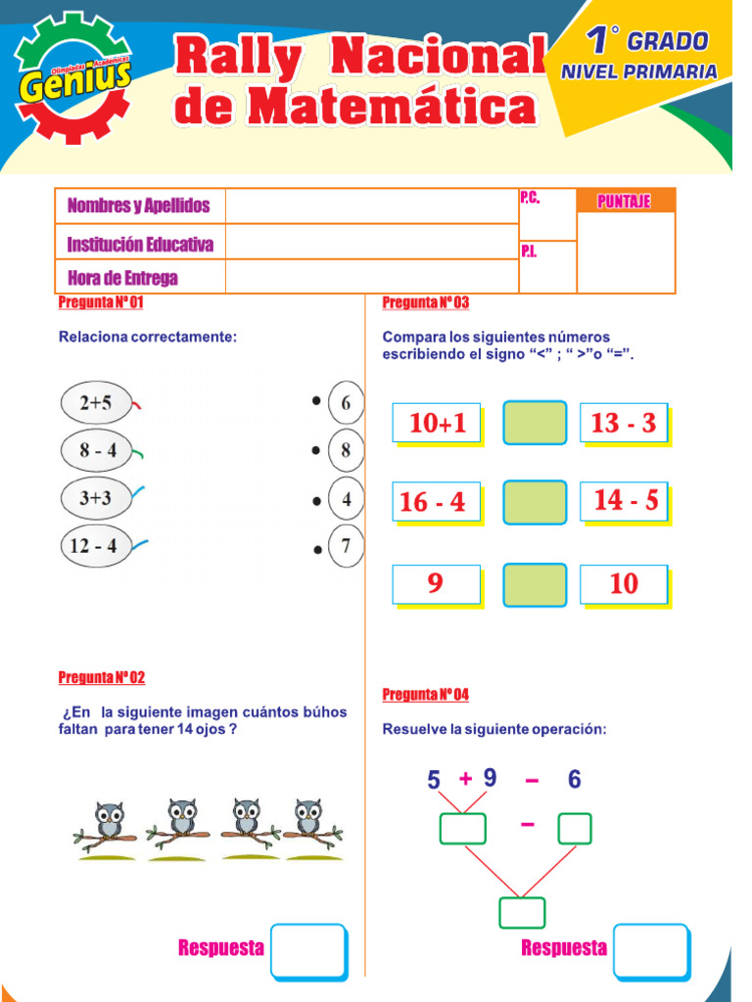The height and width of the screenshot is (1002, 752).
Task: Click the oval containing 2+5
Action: pos(96,402)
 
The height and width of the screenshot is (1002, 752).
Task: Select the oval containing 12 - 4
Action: pos(94,546)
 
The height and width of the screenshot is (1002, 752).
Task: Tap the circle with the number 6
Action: pos(346,402)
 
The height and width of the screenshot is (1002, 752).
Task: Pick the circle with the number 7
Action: pos(346,547)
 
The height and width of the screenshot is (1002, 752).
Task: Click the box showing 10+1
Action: pos(437,423)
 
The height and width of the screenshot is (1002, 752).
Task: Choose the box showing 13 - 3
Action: pos(624,423)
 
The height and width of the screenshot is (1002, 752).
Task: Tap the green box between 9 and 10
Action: pos(535,584)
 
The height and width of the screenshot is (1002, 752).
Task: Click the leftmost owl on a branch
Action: pos(109,821)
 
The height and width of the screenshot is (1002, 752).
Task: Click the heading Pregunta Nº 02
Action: pos(102,677)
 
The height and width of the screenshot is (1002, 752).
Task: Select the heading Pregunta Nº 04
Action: pos(425,695)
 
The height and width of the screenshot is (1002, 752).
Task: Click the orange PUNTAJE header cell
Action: pos(625,202)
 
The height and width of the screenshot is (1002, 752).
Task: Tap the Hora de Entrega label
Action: pos(122,278)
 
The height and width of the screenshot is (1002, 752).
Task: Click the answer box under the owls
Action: pos(307,949)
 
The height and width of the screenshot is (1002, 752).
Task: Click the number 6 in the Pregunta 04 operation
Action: pos(574,780)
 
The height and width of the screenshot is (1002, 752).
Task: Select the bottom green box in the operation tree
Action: pos(521,912)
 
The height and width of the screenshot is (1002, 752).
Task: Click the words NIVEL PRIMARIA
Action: pos(638,71)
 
